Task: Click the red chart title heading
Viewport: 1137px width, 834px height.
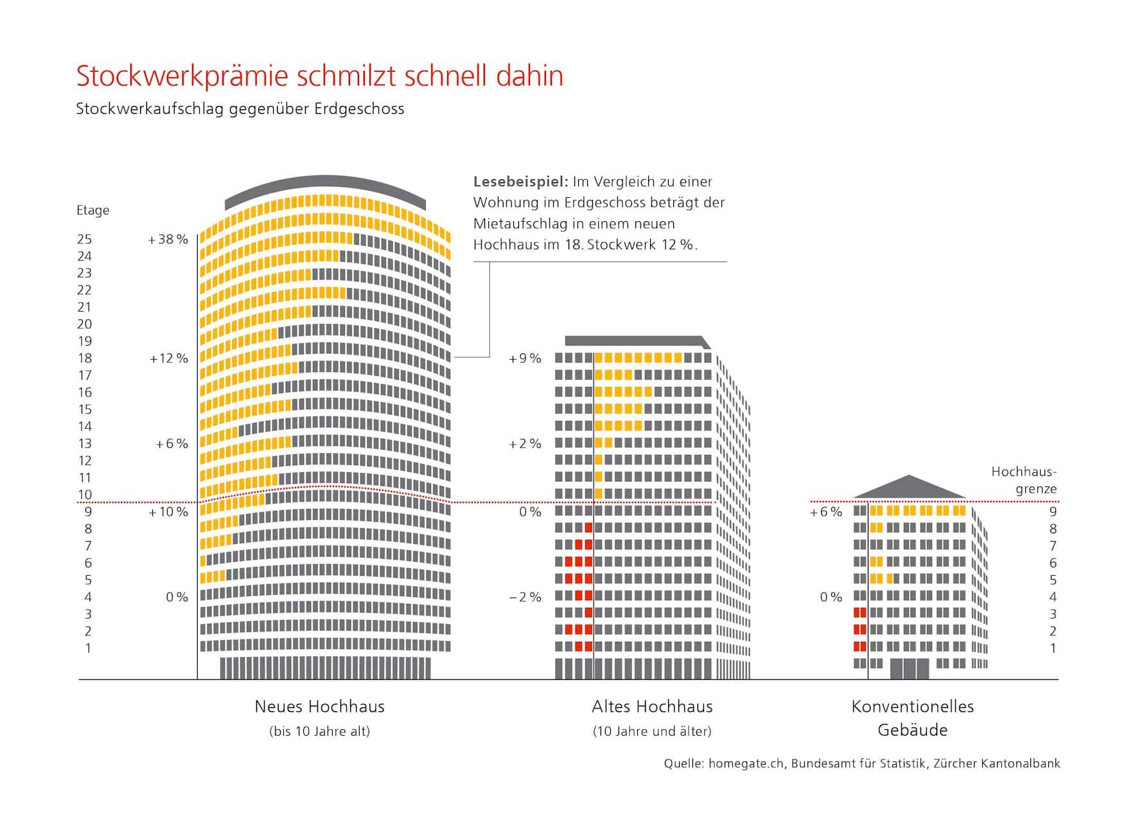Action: [x=319, y=76]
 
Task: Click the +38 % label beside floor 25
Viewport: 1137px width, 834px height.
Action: [x=168, y=240]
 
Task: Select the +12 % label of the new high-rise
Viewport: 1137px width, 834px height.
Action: [x=168, y=359]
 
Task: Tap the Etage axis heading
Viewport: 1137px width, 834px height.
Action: [x=93, y=210]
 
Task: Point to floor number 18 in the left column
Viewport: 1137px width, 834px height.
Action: [x=85, y=359]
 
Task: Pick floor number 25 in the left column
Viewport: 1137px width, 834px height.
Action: [x=85, y=240]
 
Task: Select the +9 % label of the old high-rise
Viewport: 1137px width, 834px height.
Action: [x=525, y=359]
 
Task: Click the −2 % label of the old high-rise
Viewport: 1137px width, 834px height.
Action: [x=525, y=597]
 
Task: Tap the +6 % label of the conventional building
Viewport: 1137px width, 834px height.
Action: [x=825, y=512]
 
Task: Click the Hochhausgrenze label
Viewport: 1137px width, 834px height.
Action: [x=1024, y=480]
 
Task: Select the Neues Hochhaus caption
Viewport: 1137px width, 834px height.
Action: [x=319, y=707]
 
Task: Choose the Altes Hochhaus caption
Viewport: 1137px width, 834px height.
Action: [x=652, y=707]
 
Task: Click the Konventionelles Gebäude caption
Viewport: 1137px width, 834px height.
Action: [x=912, y=718]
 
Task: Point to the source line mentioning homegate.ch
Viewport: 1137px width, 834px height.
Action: [x=861, y=764]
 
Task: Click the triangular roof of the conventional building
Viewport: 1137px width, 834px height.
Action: [x=909, y=489]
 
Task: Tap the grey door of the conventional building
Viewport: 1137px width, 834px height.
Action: [x=909, y=669]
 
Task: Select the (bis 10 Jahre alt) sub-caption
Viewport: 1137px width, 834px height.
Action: [x=319, y=731]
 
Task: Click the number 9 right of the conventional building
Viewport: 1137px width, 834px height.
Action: [x=1053, y=512]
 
